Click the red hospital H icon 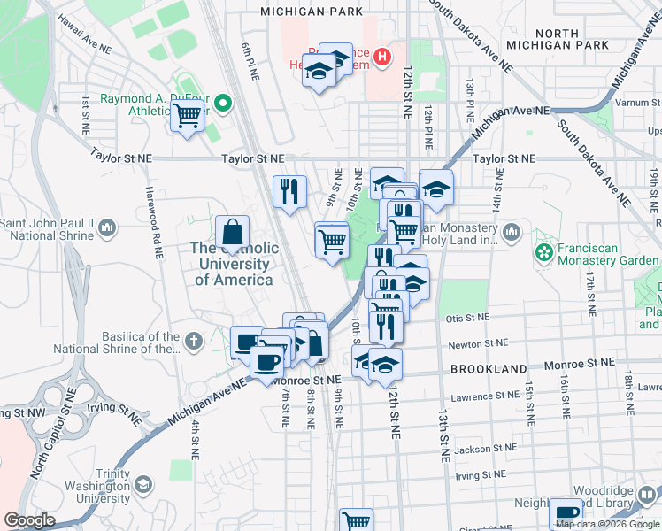coord(382,58)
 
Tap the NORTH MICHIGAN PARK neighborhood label coord(558,38)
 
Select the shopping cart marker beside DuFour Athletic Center coord(188,115)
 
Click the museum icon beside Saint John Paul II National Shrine coord(107,229)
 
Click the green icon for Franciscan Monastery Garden coord(543,255)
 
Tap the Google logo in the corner coord(29,520)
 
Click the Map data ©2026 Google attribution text coord(607,524)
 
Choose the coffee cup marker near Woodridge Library coord(566,514)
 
